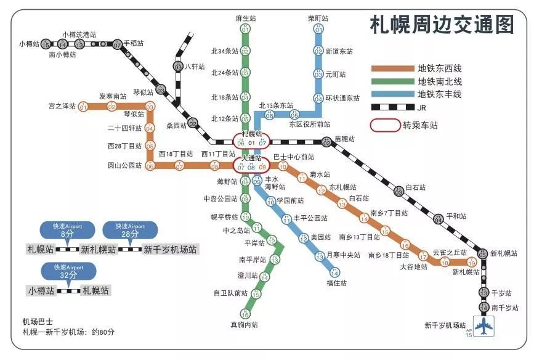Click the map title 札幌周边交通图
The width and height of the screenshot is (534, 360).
pos(442,25)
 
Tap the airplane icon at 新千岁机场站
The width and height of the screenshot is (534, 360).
pos(485,325)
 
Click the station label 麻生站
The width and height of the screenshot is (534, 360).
pos(245,18)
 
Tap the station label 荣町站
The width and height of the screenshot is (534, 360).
pos(318,18)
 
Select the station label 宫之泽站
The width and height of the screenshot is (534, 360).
pos(62,106)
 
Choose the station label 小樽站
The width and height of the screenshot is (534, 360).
pos(29,44)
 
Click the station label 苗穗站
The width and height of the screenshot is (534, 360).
pos(344,139)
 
